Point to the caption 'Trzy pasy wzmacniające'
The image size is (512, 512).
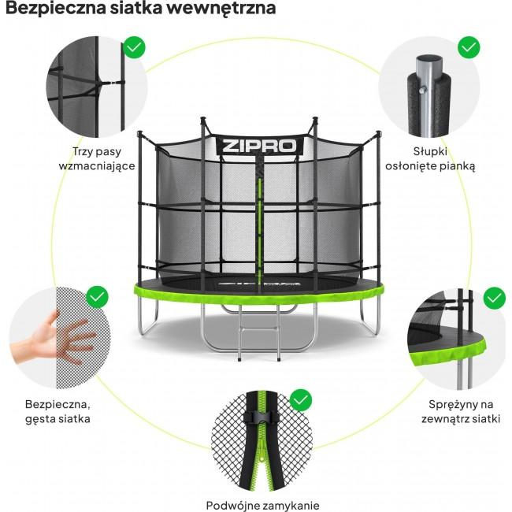click(x=98, y=158)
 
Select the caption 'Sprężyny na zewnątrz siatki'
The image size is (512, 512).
click(x=458, y=411)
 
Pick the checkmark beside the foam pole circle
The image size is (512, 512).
click(x=469, y=46)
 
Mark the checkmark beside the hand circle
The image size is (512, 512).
click(x=97, y=298)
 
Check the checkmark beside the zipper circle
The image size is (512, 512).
click(x=301, y=400)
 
